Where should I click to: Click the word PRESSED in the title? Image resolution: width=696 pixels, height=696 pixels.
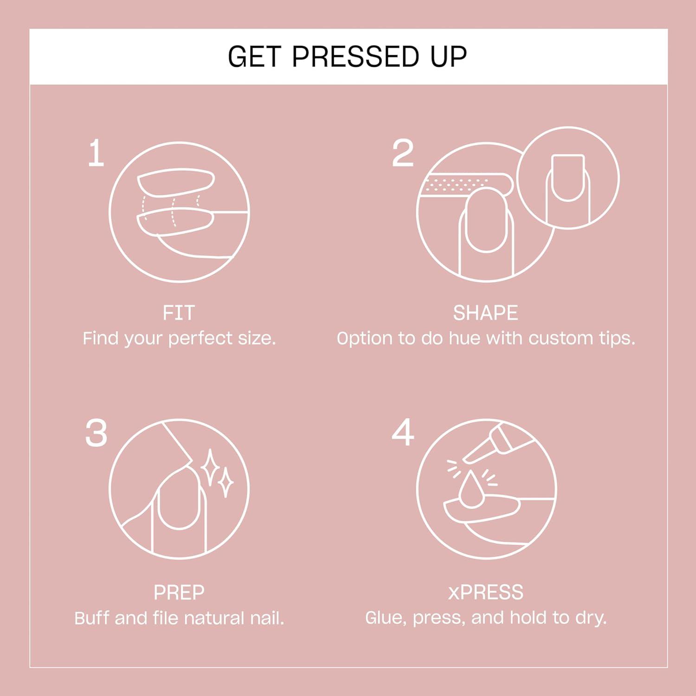(355, 57)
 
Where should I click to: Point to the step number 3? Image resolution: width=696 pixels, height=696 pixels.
(96, 433)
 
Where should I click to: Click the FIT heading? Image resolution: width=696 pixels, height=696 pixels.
(179, 313)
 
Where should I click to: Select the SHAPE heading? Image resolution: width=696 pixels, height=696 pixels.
(485, 313)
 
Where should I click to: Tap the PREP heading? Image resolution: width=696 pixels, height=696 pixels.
(179, 593)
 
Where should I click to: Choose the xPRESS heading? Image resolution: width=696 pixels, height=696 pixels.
(485, 593)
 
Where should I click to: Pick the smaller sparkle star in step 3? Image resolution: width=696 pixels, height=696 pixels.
(226, 483)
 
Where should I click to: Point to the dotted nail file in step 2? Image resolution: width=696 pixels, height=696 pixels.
(464, 184)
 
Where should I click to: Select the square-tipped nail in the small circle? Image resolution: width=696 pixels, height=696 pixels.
(567, 177)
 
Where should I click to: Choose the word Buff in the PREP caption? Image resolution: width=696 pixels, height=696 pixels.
(92, 618)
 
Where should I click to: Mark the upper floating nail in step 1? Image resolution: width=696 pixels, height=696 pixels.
(176, 182)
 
